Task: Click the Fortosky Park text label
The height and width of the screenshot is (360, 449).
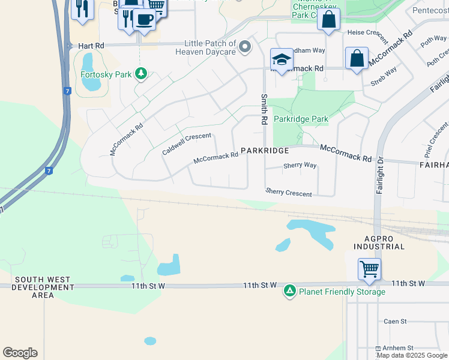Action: (x=106, y=76)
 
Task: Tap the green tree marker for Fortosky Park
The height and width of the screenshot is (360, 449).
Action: (x=141, y=74)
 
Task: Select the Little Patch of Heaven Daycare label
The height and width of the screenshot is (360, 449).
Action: (x=210, y=48)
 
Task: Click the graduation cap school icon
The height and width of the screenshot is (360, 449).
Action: (x=282, y=59)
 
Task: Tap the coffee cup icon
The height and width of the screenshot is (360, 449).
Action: (x=143, y=19)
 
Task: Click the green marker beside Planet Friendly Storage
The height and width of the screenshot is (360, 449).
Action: (x=290, y=291)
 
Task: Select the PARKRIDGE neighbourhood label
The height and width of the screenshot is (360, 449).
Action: (x=265, y=150)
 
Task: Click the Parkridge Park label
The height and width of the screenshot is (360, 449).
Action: (x=301, y=119)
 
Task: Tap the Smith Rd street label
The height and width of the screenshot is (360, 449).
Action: (x=264, y=109)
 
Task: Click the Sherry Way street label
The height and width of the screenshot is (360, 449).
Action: (x=300, y=165)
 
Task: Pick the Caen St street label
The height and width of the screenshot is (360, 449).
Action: (x=395, y=322)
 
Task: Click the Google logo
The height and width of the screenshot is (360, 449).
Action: (x=20, y=353)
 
